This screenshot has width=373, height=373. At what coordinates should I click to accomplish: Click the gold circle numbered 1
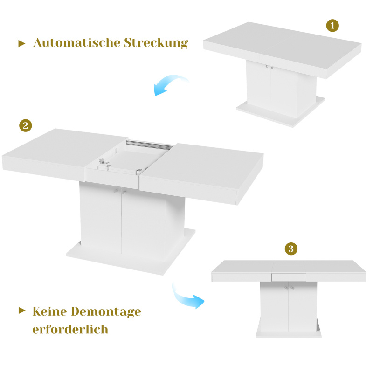pos(332,26)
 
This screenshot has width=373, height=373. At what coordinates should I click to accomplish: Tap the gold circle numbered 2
pos(26,125)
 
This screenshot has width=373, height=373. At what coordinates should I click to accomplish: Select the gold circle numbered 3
pos(291,249)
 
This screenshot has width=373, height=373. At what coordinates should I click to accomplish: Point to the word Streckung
pos(156,43)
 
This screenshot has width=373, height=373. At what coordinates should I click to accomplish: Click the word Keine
pos(49,311)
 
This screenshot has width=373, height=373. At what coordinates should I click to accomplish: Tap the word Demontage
pos(106,312)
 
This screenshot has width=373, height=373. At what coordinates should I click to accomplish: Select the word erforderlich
pos(70,329)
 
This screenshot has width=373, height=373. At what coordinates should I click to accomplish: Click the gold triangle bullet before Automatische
pos(21,43)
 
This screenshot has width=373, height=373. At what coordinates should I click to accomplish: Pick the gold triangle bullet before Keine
pos(21,311)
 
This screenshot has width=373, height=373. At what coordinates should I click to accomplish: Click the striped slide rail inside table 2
pos(150,145)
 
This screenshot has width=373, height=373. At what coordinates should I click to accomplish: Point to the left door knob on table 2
pos(116,191)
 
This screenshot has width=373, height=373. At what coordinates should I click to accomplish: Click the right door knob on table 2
pos(124,192)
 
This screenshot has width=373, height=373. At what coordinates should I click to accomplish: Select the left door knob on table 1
pos(267,66)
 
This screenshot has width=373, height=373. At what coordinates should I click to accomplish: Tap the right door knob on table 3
pos(292,288)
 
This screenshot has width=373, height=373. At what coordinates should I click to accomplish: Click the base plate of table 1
pos(281,112)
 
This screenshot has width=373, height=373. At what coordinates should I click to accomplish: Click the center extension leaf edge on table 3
pos(289,277)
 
